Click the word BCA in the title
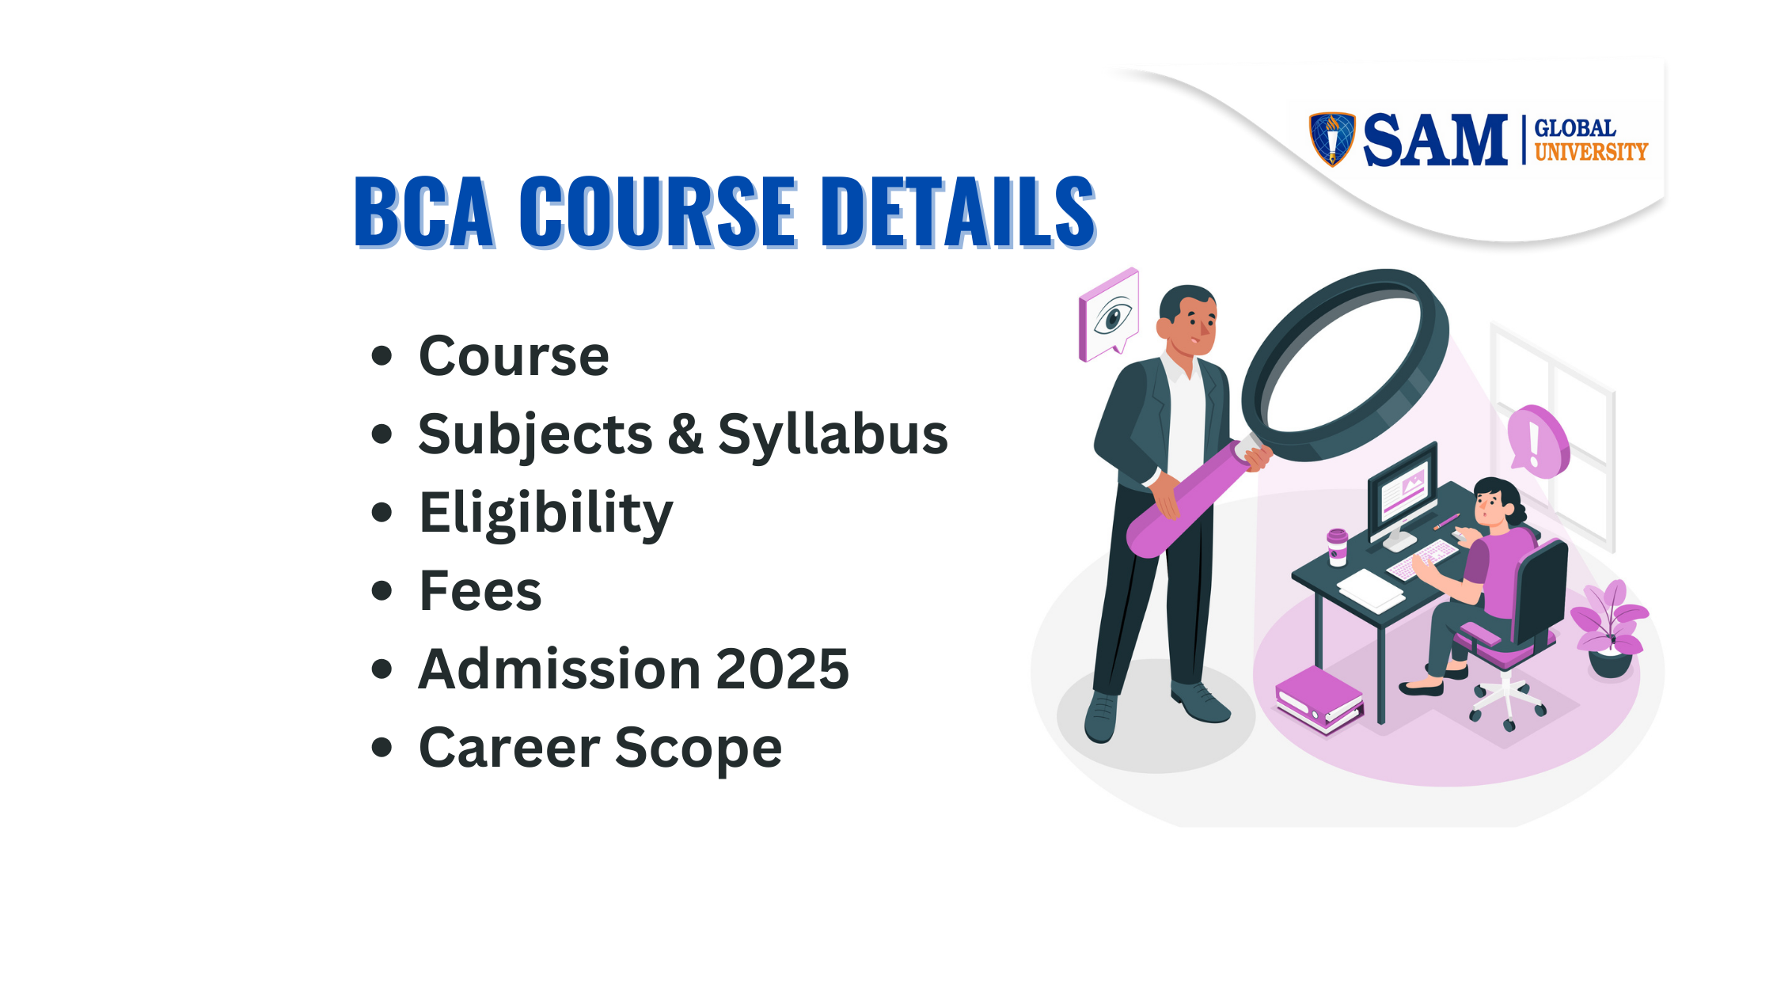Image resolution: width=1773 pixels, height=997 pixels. tap(424, 211)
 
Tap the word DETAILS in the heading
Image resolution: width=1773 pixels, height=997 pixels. tap(958, 211)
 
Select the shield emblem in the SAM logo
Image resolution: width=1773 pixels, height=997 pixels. tap(1332, 139)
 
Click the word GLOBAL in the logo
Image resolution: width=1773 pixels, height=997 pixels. tap(1574, 128)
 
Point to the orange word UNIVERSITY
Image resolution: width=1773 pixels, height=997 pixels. tap(1591, 151)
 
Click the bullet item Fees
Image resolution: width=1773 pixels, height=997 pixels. tap(480, 591)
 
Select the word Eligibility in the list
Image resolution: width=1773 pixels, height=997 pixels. tap(546, 514)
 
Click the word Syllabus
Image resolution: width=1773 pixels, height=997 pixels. tap(833, 435)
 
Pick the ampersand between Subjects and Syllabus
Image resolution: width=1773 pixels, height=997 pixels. tap(685, 434)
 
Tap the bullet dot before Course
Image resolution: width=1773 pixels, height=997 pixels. tap(382, 355)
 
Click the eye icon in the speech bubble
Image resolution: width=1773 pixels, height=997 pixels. tap(1113, 317)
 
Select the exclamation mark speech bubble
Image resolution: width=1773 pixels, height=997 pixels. tap(1536, 442)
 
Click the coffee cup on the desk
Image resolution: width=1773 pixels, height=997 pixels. tap(1337, 548)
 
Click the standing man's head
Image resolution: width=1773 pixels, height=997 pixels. tap(1187, 321)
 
